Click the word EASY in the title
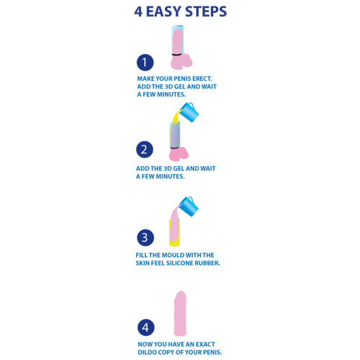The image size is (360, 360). [164, 12]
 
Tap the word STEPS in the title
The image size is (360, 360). [206, 12]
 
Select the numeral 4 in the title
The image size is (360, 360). [138, 12]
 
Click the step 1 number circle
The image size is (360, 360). [145, 63]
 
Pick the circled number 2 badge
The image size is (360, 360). [145, 149]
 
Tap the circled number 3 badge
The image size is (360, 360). [145, 238]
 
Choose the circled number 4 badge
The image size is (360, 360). [146, 328]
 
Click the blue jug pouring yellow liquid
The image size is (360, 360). [189, 112]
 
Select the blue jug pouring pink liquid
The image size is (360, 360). [189, 206]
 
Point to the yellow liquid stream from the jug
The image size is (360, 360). [176, 117]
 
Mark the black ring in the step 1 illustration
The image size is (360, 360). [177, 55]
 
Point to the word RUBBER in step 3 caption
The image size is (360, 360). [207, 263]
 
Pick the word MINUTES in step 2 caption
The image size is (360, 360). [170, 176]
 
